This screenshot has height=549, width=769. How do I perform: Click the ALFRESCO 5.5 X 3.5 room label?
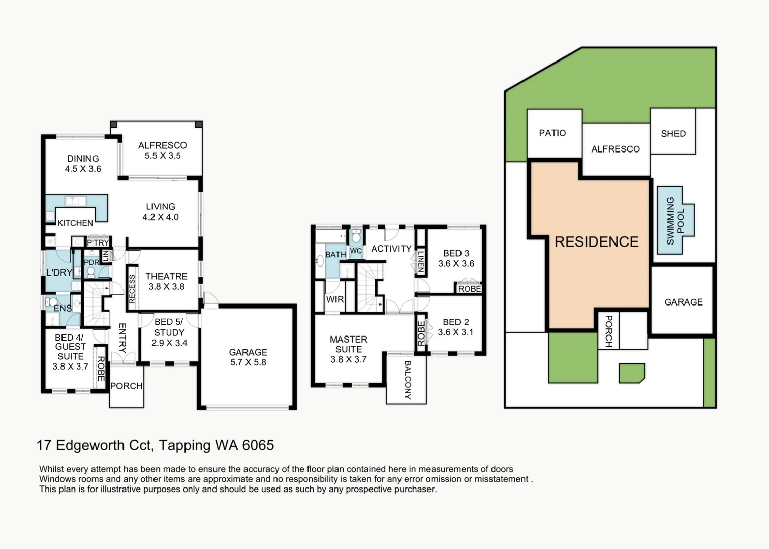tap(162, 150)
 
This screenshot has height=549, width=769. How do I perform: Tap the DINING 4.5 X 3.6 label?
tap(83, 164)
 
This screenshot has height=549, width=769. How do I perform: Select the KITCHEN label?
tap(75, 223)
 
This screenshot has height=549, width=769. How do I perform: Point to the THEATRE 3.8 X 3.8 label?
tap(166, 281)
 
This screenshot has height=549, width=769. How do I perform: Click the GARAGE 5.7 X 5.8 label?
tap(248, 357)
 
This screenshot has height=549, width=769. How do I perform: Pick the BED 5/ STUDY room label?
tap(169, 332)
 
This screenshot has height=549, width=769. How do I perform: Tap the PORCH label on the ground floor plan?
tap(126, 386)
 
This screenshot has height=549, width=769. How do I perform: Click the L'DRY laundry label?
tap(59, 272)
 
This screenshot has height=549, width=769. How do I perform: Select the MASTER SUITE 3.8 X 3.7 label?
tap(348, 349)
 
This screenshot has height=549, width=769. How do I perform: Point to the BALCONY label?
tap(407, 380)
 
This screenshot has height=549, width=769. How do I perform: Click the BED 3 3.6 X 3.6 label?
tap(456, 258)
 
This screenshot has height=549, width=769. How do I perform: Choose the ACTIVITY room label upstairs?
tap(391, 249)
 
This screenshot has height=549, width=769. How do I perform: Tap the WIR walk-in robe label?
tap(335, 299)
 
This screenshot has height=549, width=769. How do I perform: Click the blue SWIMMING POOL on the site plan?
tap(675, 221)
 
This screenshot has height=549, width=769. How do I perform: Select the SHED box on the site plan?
tap(673, 133)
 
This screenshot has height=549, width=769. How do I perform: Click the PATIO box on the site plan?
tap(552, 133)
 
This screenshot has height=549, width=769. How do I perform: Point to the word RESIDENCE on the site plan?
tap(596, 241)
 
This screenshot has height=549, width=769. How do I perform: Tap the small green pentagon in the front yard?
tap(631, 373)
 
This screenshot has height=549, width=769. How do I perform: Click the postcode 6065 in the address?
tap(258, 445)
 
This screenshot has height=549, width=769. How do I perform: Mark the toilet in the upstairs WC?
tap(356, 236)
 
